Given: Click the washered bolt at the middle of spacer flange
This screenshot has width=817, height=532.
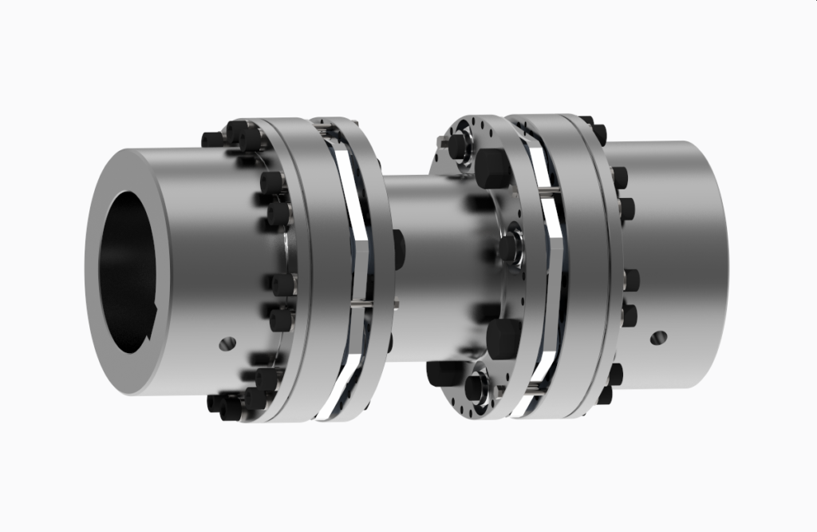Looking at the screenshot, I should point(508,247).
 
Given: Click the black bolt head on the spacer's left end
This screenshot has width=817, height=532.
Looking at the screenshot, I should point(399,247).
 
